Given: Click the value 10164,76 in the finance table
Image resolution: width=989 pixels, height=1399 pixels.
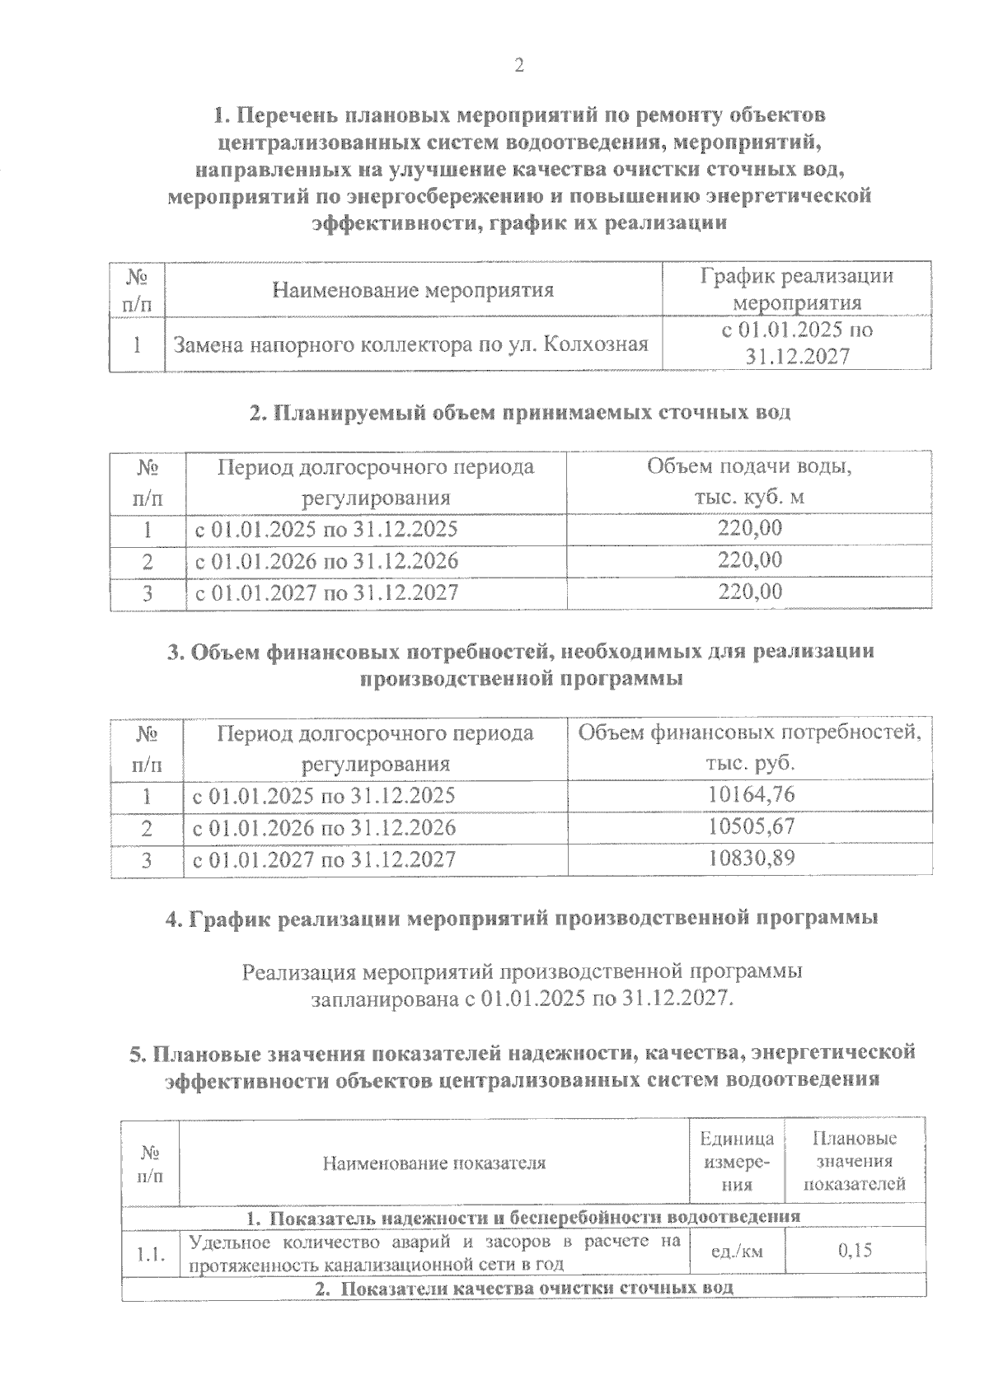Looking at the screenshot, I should pyautogui.click(x=751, y=795).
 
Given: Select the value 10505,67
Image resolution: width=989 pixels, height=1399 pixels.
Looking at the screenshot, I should pyautogui.click(x=751, y=827).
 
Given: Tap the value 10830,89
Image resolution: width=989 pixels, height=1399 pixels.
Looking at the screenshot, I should pyautogui.click(x=751, y=859).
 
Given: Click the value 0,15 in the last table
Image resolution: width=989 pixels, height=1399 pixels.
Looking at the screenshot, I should pyautogui.click(x=855, y=1252).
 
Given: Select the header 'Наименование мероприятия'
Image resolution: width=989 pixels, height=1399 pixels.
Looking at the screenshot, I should pyautogui.click(x=413, y=290).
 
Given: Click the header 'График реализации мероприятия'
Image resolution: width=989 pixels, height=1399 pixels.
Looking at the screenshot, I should pyautogui.click(x=796, y=289).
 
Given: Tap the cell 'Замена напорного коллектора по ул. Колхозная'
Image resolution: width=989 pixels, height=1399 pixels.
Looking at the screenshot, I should pyautogui.click(x=410, y=344).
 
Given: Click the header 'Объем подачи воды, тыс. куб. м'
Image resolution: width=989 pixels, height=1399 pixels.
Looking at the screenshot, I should pyautogui.click(x=748, y=482).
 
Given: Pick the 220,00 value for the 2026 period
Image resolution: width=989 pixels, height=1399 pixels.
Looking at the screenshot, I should pyautogui.click(x=748, y=560).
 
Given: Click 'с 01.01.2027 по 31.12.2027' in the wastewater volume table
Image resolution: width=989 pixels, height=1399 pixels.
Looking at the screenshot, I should pyautogui.click(x=326, y=592).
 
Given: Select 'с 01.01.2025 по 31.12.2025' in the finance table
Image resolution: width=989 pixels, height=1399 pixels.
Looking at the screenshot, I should pyautogui.click(x=324, y=796).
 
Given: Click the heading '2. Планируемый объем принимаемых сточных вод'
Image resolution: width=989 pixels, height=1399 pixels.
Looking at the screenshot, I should pyautogui.click(x=519, y=413).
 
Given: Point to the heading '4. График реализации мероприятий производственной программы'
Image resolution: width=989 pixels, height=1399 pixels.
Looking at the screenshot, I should pyautogui.click(x=521, y=919).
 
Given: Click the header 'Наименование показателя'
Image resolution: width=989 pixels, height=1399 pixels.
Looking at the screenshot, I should pyautogui.click(x=434, y=1163).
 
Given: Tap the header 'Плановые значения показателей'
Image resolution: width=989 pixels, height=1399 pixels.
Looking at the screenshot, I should pyautogui.click(x=855, y=1162).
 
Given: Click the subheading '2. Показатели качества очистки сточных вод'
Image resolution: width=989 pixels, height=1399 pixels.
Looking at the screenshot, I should pyautogui.click(x=525, y=1287).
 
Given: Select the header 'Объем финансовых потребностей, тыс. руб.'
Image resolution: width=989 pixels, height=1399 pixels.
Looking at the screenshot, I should pyautogui.click(x=749, y=748).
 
